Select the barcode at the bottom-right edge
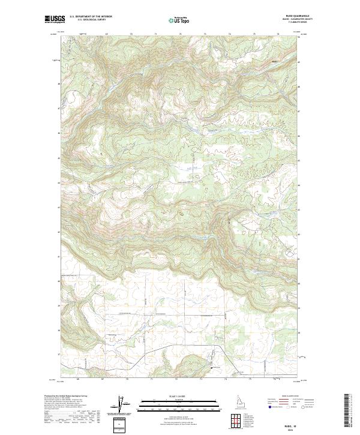[347, 411]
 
